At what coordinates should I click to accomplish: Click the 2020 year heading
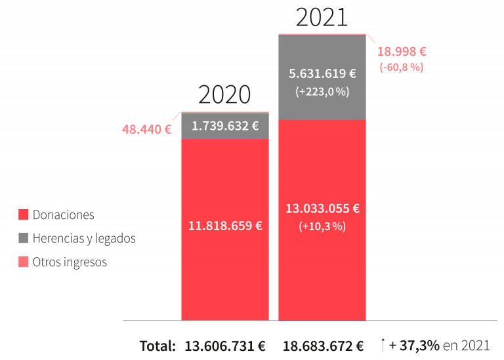(224, 94)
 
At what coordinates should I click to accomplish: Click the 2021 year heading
(322, 17)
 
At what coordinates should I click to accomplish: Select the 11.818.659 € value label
(225, 226)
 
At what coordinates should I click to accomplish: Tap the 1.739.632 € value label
(225, 126)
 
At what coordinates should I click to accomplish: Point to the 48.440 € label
(147, 129)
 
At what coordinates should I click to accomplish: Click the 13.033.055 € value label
(322, 209)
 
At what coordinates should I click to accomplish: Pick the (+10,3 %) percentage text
(322, 226)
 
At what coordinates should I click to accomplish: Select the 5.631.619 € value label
(322, 73)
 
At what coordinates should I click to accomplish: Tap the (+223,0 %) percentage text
(322, 92)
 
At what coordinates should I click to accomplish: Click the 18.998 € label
(402, 51)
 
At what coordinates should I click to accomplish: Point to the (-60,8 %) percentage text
(402, 67)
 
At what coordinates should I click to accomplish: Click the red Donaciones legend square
(23, 214)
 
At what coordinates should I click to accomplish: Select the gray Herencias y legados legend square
(23, 238)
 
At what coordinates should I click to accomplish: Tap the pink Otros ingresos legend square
(23, 262)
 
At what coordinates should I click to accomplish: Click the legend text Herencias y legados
(84, 238)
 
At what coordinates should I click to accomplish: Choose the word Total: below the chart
(157, 346)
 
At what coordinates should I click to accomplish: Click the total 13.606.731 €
(225, 346)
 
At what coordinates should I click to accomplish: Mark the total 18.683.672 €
(323, 346)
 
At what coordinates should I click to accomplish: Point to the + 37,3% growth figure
(414, 345)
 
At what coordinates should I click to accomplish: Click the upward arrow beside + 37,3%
(383, 344)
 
